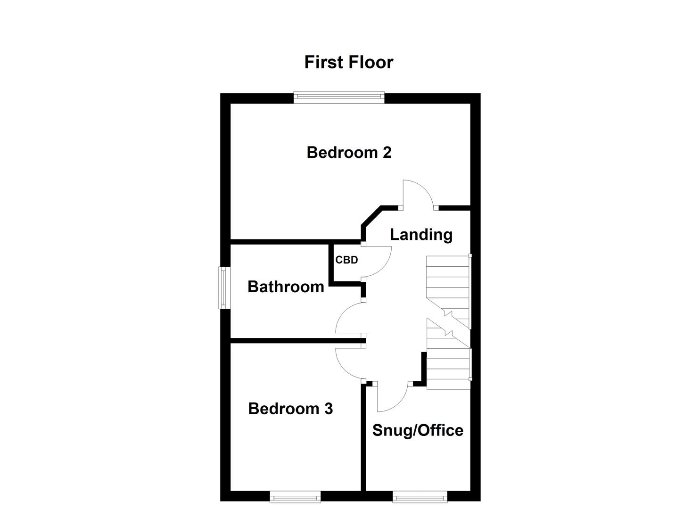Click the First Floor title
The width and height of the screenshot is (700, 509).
coord(349,62)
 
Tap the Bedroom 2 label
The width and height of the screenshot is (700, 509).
coord(349,153)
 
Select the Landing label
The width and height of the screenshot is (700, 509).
coord(421,235)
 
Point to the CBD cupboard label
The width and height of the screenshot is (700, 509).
coord(346,260)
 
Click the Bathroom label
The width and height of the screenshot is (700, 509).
coord(286,287)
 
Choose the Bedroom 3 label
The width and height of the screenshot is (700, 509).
coord(290,409)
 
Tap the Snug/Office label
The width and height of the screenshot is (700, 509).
coord(418,431)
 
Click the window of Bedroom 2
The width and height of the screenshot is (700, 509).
coord(339,98)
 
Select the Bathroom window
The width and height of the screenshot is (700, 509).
coord(224,287)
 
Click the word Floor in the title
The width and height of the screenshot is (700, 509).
coord(371,62)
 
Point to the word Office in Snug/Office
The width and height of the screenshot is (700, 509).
coord(441,431)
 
